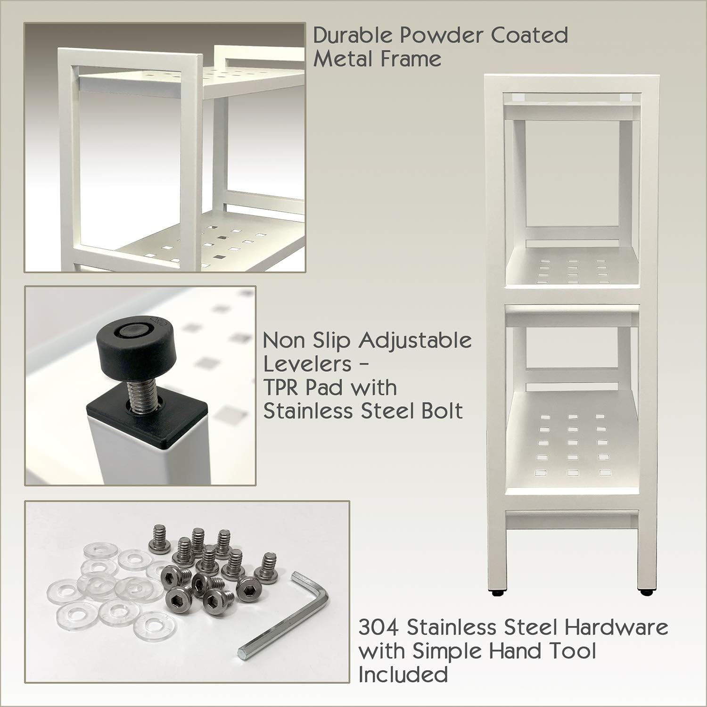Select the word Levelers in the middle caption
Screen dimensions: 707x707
click(x=307, y=364)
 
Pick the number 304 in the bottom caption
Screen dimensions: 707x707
click(x=379, y=628)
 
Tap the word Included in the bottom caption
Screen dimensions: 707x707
click(x=403, y=674)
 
